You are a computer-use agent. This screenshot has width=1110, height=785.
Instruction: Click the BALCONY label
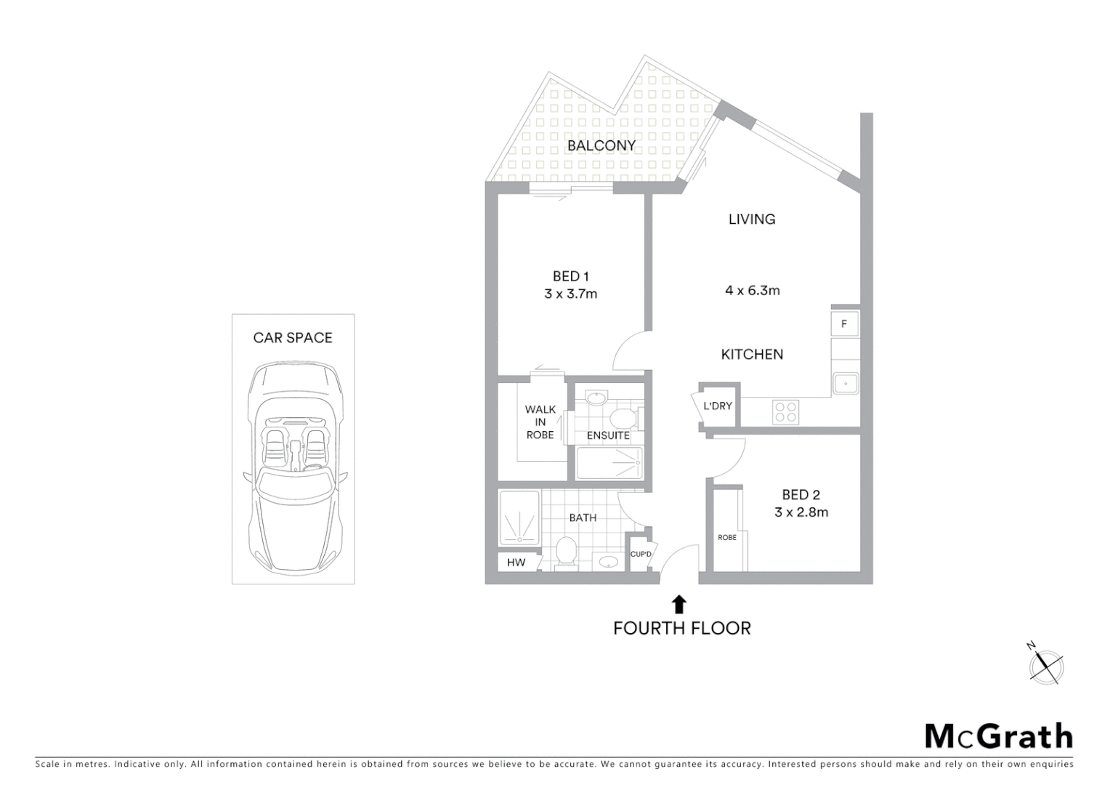tap(601, 145)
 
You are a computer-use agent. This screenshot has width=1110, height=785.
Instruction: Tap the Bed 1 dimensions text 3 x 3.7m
tap(570, 294)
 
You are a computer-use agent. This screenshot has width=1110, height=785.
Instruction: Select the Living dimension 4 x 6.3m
tap(752, 291)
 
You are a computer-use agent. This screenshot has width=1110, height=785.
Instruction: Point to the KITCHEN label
tap(752, 355)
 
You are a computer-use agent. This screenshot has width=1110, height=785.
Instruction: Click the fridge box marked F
tap(844, 324)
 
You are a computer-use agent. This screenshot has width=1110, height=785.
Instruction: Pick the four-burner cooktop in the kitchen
tap(786, 412)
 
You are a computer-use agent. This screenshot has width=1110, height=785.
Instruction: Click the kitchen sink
tap(846, 383)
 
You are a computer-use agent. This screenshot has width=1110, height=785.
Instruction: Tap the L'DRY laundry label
tap(717, 406)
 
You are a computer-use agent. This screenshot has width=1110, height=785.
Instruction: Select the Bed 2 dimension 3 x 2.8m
tap(801, 512)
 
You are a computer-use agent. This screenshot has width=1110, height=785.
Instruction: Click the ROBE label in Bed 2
tap(726, 538)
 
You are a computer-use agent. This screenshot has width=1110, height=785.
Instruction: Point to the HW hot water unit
tap(516, 563)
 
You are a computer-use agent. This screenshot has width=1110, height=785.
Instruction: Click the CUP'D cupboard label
tap(641, 555)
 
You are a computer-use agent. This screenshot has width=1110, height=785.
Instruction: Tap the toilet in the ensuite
tap(623, 418)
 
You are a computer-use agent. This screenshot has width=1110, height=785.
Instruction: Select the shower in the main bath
tap(519, 518)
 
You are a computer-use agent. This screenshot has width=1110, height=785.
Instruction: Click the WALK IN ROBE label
tap(540, 422)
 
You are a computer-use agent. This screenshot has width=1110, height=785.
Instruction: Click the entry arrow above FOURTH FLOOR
tap(679, 604)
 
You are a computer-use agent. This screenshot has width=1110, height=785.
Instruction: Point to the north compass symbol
tap(1045, 665)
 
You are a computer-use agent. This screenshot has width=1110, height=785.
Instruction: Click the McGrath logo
tap(998, 736)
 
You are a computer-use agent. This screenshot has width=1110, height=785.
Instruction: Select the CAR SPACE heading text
tap(293, 338)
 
